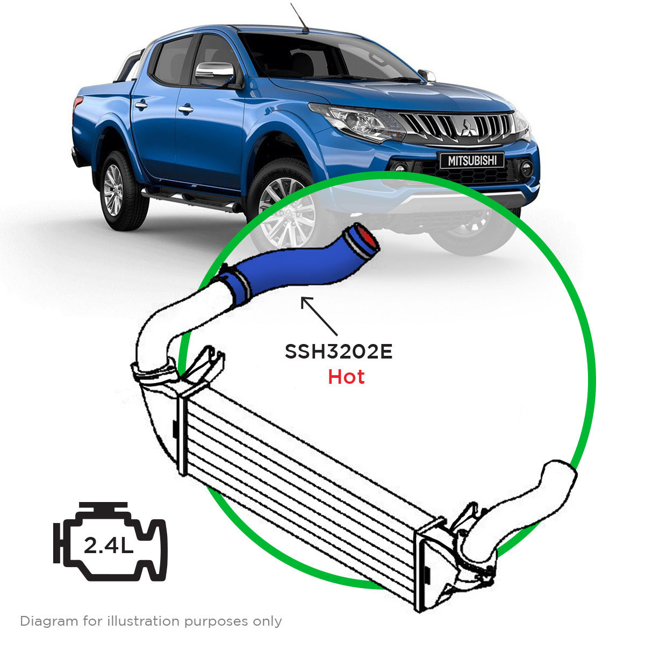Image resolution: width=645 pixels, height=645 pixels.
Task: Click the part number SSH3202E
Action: click(339, 352)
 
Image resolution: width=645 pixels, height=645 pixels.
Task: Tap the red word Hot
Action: click(346, 377)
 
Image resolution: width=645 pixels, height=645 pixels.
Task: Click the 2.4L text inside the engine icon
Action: click(108, 545)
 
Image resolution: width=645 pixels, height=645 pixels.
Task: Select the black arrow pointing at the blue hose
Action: click(319, 316)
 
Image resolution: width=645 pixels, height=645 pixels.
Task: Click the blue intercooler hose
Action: click(298, 264)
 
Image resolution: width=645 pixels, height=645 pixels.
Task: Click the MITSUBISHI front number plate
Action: click(472, 161)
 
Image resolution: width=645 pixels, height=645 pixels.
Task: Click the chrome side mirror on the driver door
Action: click(214, 73)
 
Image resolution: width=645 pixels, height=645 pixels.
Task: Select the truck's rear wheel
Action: click(122, 191)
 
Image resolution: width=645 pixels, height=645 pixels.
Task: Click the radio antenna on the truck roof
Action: click(299, 18)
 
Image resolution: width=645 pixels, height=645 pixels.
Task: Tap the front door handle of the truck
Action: click(185, 109)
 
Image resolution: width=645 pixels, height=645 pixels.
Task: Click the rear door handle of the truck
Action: click(141, 105)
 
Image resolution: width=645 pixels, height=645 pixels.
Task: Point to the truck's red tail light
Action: click(77, 102)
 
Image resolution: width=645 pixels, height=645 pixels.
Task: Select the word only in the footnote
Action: click(268, 621)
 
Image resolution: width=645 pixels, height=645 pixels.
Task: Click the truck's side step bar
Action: click(191, 200)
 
